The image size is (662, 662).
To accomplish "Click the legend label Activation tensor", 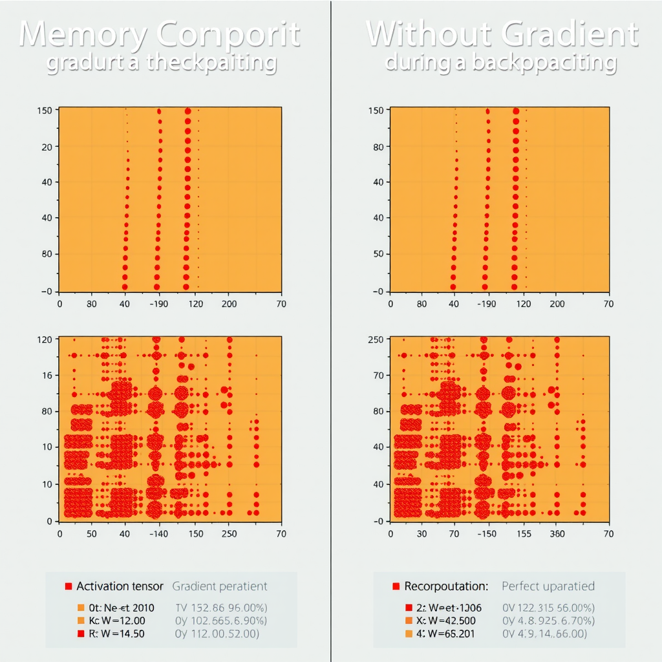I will (x=120, y=586).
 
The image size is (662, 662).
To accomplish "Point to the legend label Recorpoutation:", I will (x=446, y=586).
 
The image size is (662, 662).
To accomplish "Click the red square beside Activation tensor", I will (x=68, y=586).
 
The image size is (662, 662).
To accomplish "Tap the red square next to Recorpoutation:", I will (x=396, y=586).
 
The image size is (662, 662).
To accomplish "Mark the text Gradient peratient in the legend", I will (x=219, y=586).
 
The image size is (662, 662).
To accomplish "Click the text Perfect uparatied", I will (x=548, y=586).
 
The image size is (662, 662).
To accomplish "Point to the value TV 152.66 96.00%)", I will (x=222, y=608).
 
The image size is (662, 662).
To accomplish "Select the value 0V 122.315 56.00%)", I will (x=548, y=608).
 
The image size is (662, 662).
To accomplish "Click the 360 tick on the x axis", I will (x=557, y=534).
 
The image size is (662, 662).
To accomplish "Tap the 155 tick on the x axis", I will (x=524, y=534).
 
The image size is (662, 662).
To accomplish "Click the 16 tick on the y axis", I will (x=46, y=375).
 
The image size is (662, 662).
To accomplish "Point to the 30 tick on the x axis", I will (x=422, y=534).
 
